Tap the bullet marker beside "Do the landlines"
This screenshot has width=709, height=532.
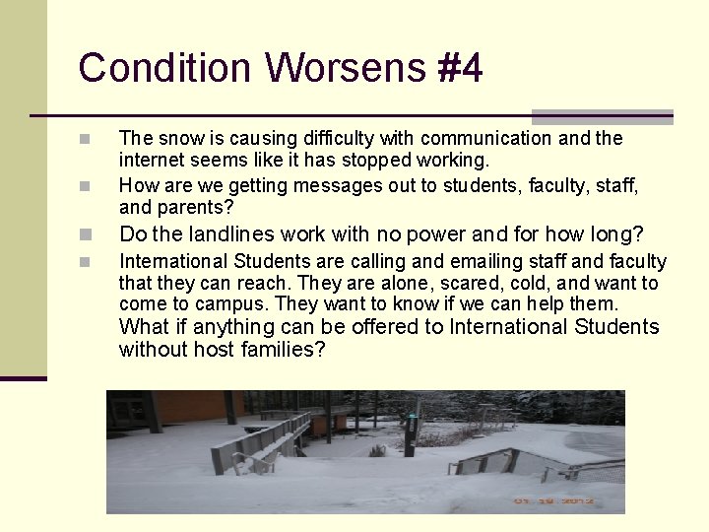[x=86, y=234]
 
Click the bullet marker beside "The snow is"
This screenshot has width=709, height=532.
[x=86, y=138]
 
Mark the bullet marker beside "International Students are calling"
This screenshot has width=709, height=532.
[x=86, y=262]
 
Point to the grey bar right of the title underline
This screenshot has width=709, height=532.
[x=602, y=116]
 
